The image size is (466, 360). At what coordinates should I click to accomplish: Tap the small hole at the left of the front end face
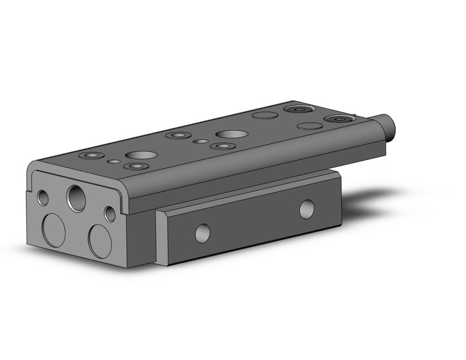(43, 197)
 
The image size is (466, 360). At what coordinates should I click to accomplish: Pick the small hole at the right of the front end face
(110, 214)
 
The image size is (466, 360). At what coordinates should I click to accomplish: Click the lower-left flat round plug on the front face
(53, 231)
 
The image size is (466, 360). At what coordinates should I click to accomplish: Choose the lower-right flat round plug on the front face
(100, 240)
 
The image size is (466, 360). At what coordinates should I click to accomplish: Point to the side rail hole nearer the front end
(202, 232)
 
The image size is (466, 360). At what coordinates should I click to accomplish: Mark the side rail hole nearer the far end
(307, 209)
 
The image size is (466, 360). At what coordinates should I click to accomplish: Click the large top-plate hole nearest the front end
(138, 155)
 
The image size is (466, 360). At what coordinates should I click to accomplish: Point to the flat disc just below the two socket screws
(310, 126)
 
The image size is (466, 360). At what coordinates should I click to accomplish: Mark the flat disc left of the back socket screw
(265, 115)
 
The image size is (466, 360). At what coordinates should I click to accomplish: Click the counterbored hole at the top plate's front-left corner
(92, 156)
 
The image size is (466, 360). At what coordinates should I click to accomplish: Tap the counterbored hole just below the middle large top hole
(222, 146)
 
